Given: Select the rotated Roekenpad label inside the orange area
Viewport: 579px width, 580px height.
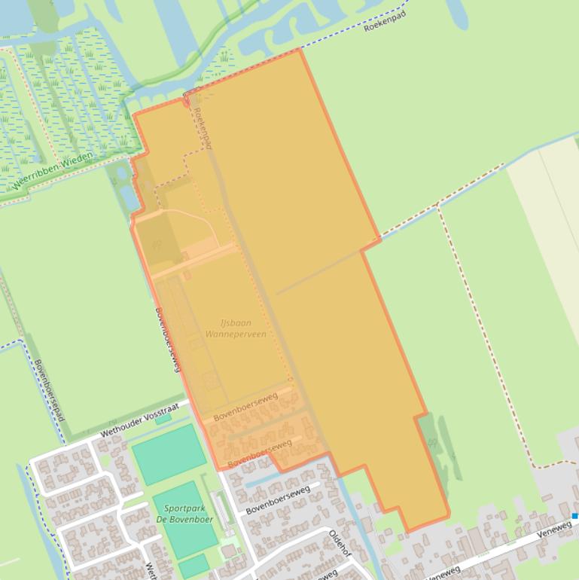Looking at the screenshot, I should point(203,127).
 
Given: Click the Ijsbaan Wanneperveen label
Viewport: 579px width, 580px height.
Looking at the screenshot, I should point(236,328).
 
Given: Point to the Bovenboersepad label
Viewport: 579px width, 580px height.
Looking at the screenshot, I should point(50,390).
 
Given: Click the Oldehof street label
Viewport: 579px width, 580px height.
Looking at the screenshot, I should point(340,544).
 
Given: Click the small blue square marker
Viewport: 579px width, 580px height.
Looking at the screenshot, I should point(575,516).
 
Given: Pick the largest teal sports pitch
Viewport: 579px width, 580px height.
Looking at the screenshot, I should point(169,453).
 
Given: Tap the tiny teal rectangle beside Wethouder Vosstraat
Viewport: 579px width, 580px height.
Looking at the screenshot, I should point(163,419).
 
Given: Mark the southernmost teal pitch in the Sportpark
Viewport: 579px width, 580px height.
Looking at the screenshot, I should point(194,566).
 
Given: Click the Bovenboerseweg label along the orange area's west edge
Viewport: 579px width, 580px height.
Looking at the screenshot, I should point(169,340).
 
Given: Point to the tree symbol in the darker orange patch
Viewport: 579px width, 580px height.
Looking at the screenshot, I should point(157,244).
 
